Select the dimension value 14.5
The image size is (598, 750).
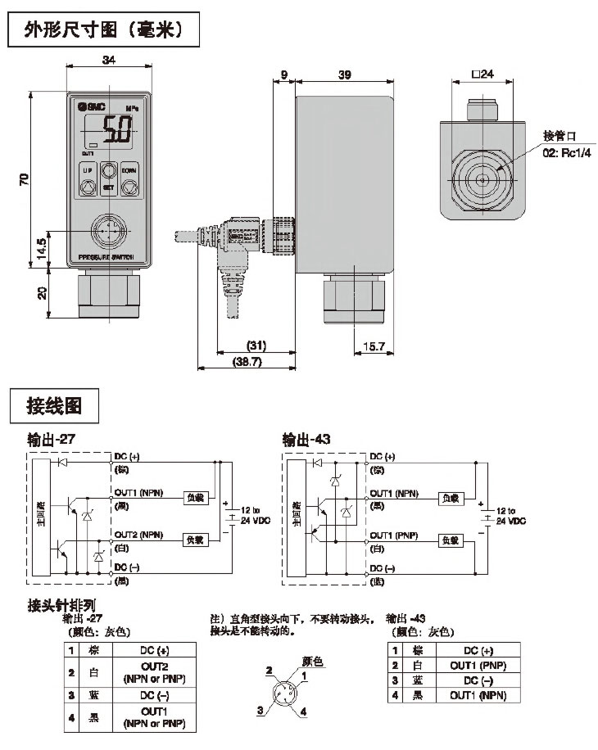(42, 247)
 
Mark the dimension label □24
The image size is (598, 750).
(483, 75)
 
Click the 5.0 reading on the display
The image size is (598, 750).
(115, 129)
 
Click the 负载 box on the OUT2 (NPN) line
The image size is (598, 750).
(197, 540)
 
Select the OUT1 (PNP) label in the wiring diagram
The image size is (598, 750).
(394, 535)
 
